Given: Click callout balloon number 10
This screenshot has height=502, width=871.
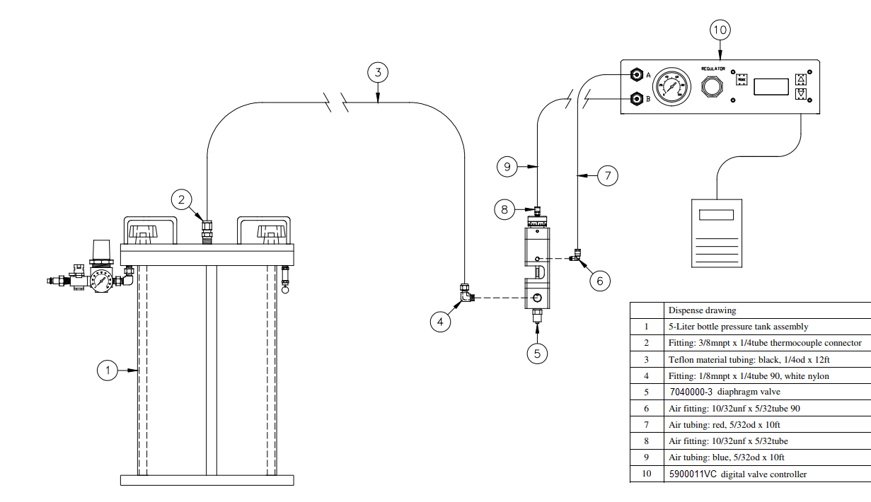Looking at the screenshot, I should pos(720,30).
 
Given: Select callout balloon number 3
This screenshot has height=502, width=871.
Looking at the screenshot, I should pos(379,72).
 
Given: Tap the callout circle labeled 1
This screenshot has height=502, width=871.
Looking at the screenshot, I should pos(107,369).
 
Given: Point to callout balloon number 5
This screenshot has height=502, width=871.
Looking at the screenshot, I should pos(537,354).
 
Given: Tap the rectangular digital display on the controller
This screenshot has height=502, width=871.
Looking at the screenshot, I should pos(771,87).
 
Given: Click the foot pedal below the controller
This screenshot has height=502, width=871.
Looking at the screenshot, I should pos(717,232).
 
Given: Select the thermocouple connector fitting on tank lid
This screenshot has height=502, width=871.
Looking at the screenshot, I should pos(207,230).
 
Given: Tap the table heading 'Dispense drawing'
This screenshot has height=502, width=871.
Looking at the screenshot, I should pos(702,310).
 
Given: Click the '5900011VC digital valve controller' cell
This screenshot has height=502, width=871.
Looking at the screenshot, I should pos(737,474).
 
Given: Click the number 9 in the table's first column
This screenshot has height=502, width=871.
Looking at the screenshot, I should pos(646,457).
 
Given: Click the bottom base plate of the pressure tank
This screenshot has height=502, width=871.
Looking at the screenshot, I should pos(207,480).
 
